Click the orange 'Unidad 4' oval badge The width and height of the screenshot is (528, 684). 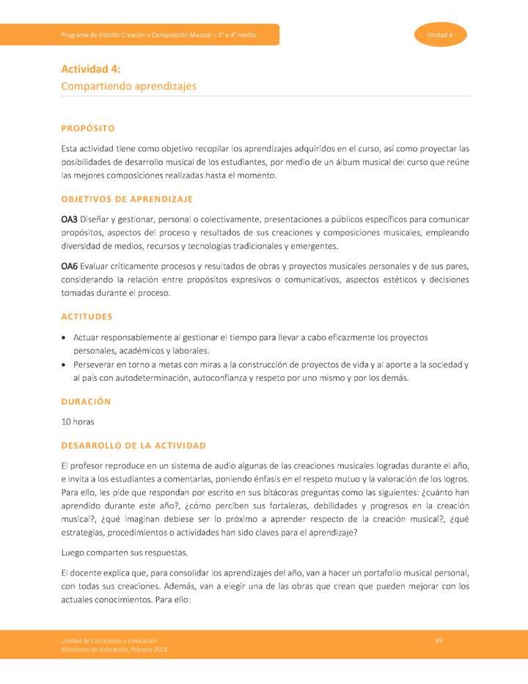(441, 34)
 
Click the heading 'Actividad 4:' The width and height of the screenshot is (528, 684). (91, 70)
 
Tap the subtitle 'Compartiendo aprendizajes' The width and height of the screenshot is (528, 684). (129, 86)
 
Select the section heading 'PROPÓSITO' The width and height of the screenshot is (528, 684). (88, 128)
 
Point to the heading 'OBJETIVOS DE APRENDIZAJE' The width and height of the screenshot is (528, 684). (127, 199)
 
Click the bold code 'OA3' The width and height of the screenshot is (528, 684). (70, 219)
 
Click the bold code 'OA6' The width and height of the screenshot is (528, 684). (70, 266)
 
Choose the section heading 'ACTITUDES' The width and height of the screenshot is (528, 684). (87, 316)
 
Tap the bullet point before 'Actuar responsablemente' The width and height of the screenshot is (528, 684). (65, 338)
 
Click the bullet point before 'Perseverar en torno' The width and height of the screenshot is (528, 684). (65, 365)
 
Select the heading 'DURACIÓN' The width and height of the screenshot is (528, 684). (87, 401)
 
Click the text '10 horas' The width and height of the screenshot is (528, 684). (78, 422)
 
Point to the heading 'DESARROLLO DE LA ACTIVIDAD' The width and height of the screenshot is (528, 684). (133, 445)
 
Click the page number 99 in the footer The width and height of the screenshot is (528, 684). (438, 640)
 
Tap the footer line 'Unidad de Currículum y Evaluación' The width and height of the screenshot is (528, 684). (108, 641)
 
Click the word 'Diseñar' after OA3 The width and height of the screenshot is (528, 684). (93, 219)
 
